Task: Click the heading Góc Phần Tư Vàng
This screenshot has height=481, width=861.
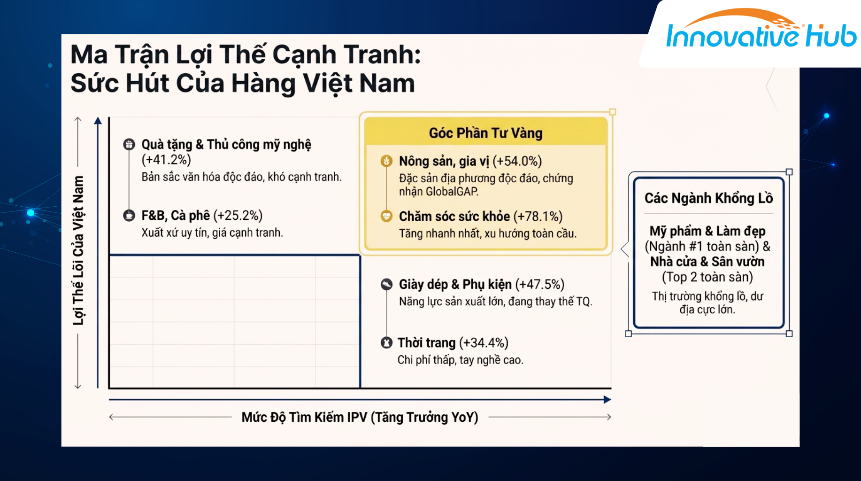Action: (485, 133)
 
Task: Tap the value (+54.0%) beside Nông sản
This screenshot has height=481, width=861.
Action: (517, 161)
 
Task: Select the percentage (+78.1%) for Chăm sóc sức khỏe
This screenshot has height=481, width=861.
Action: (538, 217)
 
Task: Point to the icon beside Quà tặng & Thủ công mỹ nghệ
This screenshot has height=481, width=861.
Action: (129, 144)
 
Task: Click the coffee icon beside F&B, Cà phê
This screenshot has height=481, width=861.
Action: (129, 215)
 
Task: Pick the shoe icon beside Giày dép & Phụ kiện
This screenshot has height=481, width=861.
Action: (386, 284)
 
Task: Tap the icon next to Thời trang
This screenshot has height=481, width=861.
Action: (386, 342)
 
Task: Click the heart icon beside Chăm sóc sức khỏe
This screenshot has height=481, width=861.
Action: (386, 216)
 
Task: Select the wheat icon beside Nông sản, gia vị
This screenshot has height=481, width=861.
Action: (386, 161)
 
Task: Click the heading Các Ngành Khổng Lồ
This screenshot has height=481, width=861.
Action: (708, 198)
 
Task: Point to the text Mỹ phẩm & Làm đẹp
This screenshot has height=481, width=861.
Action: (707, 231)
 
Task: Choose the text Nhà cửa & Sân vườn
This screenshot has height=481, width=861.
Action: (707, 262)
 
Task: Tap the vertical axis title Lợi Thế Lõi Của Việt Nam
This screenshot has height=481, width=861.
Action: (78, 250)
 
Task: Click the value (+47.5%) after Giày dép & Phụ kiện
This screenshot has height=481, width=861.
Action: (540, 285)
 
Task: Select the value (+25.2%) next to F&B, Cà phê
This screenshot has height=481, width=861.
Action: (238, 216)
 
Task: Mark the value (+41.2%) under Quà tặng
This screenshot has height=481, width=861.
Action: (166, 160)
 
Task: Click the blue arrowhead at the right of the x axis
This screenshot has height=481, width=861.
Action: (607, 400)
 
